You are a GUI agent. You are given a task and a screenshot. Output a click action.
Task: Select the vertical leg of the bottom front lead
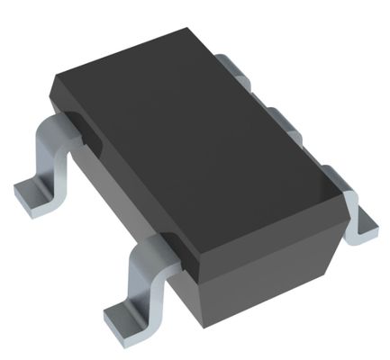coord(142,274)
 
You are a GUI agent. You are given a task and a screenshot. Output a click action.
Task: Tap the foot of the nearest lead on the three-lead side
coord(365,219)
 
